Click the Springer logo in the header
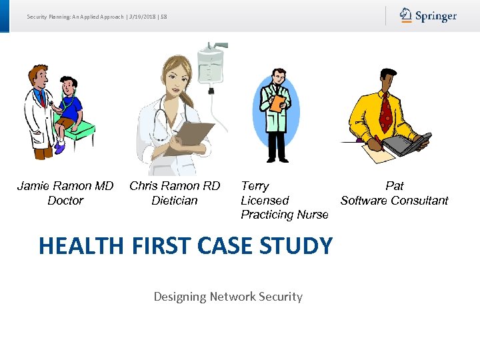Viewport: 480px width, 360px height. (428, 15)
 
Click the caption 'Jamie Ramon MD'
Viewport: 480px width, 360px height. (65, 186)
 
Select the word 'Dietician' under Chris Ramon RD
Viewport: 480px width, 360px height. (175, 201)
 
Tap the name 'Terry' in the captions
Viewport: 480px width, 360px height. (255, 186)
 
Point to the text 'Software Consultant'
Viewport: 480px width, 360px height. (394, 201)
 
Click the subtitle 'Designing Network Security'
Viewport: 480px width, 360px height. (228, 297)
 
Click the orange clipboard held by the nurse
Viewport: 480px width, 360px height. (277, 102)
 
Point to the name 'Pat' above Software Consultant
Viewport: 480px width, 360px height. (395, 186)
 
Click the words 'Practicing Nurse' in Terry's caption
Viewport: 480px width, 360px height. (285, 215)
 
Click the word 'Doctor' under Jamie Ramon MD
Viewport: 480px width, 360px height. (65, 201)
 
